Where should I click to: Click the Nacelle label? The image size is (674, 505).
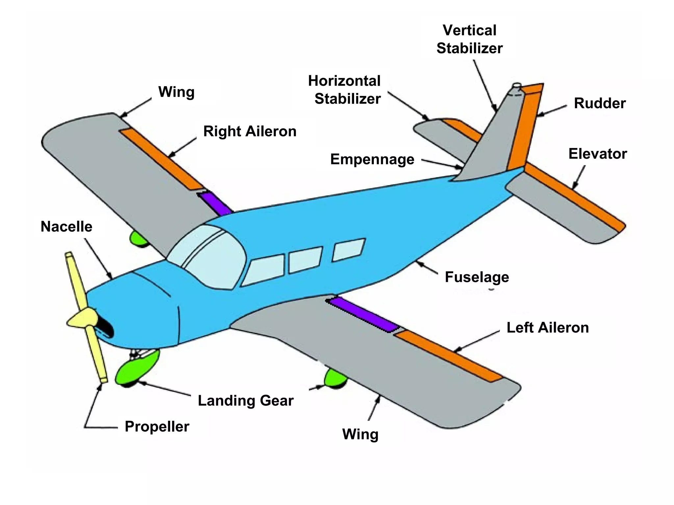click(x=66, y=227)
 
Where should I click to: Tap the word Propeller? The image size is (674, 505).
click(x=157, y=427)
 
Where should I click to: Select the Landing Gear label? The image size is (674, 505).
click(x=246, y=401)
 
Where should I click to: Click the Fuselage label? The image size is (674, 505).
click(x=477, y=277)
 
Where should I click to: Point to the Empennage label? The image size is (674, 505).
click(x=372, y=159)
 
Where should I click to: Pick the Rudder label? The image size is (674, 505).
click(x=600, y=104)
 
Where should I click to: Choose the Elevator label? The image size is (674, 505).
click(x=597, y=154)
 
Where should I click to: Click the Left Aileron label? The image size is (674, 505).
click(x=548, y=328)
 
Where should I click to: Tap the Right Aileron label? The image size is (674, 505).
click(x=250, y=132)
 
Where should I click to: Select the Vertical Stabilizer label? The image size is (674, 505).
click(x=470, y=39)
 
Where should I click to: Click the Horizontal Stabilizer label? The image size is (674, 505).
click(x=345, y=90)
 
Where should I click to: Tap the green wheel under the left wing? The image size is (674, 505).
click(x=335, y=378)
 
